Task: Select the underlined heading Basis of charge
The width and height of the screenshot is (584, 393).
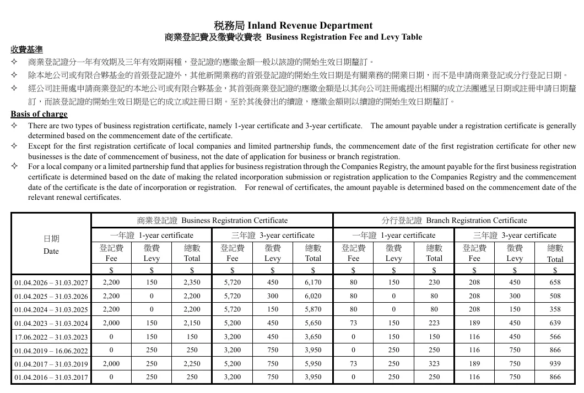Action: coord(39,114)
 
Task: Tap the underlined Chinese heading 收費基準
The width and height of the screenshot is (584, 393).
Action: coord(26,49)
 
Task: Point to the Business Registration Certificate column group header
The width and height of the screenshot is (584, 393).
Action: coord(212,220)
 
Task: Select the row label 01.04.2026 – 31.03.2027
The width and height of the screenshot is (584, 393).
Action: coord(51,282)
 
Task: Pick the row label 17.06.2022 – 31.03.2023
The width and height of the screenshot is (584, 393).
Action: coord(51,337)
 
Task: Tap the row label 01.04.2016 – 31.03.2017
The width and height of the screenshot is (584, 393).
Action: coord(51,377)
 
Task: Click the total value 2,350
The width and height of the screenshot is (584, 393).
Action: coord(192,282)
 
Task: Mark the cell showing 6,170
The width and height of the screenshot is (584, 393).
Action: coord(313,282)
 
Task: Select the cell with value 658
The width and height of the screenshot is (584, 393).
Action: coord(555,282)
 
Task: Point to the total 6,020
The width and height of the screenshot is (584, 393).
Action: coord(313,296)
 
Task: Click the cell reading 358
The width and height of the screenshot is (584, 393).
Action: coord(555,309)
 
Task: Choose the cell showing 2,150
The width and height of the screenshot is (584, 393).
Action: coord(192,323)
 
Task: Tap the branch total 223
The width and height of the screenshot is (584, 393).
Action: coord(434,323)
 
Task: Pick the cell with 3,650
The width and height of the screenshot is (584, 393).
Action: coord(313,336)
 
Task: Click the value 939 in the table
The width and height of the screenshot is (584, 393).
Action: coord(555,363)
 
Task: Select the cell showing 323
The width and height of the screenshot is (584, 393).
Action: coord(434,363)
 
